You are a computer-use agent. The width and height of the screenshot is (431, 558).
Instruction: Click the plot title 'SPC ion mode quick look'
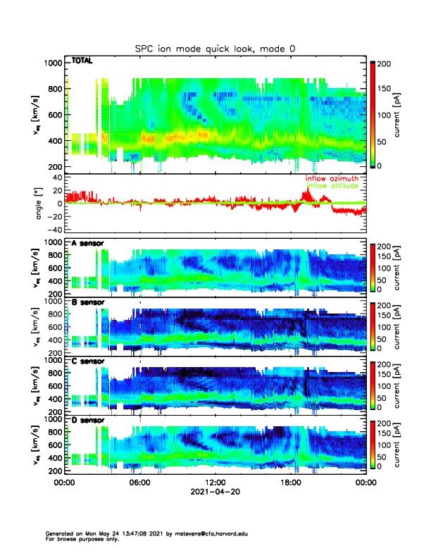[x=216, y=48]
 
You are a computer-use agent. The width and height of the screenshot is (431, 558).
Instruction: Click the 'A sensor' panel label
[x=88, y=243]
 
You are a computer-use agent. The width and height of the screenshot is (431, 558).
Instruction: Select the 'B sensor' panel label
[x=88, y=302]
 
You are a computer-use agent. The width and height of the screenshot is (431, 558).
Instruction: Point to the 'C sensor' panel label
[x=88, y=361]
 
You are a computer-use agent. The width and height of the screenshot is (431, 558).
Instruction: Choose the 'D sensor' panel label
[x=88, y=421]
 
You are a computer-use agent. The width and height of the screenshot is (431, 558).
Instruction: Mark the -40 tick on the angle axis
[x=53, y=230]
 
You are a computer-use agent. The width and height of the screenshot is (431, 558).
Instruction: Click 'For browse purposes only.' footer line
[x=82, y=539]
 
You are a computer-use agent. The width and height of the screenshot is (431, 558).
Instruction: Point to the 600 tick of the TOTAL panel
[x=55, y=115]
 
